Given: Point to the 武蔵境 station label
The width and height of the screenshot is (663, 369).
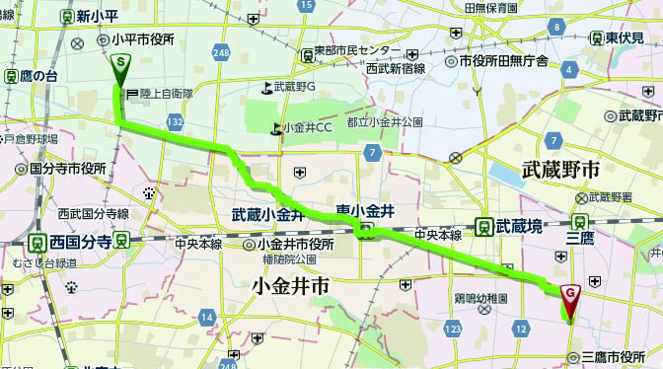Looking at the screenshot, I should pyautogui.click(x=519, y=226).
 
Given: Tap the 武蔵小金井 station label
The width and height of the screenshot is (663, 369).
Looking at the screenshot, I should pyautogui.click(x=267, y=213).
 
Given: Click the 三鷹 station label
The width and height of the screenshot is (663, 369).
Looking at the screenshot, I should pyautogui.click(x=579, y=238).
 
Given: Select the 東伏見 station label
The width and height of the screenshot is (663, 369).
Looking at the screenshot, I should pyautogui.click(x=626, y=37).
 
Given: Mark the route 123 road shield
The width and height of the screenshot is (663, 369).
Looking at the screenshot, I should pyautogui.click(x=453, y=327).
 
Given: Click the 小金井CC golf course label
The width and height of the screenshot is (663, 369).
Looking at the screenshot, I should pyautogui.click(x=307, y=127).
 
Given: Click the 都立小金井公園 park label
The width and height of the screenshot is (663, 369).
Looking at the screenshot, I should pyautogui.click(x=384, y=122).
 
